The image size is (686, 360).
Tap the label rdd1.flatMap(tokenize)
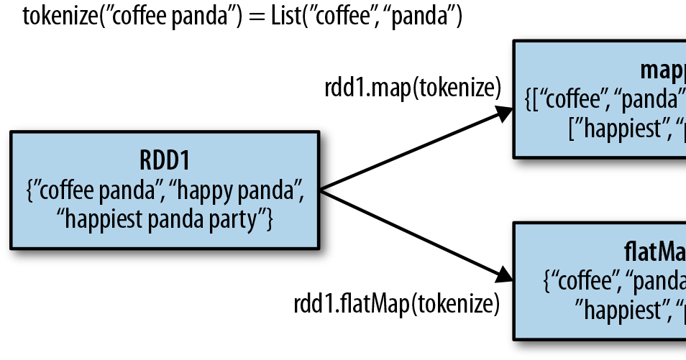[x=396, y=303]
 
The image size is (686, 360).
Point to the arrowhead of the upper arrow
[x=503, y=115]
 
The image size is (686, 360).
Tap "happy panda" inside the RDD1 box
[x=238, y=190]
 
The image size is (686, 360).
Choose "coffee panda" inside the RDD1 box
[x=94, y=190]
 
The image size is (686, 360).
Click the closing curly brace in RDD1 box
[x=270, y=220]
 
